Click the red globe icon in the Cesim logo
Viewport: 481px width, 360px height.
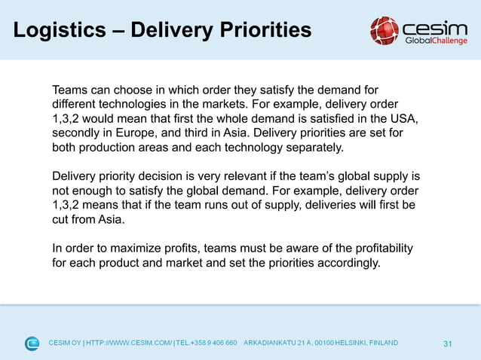384,31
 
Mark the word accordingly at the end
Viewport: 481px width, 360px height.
348,263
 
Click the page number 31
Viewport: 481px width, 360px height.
448,343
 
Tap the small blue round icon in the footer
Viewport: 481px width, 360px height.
32,343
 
